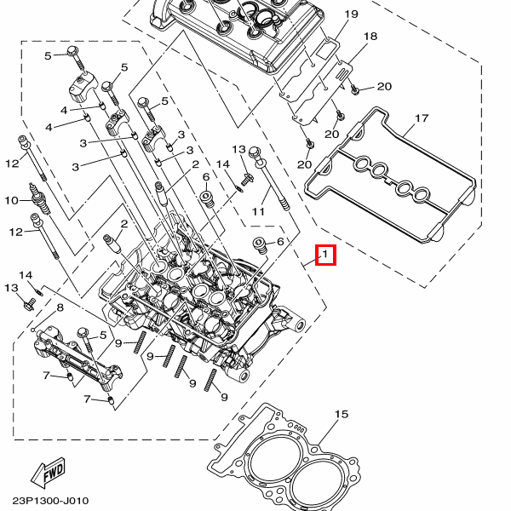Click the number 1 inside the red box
tap(325, 255)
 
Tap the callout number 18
tap(370, 37)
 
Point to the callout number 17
tap(421, 118)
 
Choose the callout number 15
tap(342, 415)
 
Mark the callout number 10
tap(11, 201)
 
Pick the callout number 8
tap(60, 307)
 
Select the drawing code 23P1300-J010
tap(50, 501)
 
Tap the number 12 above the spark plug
tap(12, 163)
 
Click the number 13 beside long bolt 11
tap(238, 149)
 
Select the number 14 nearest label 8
tap(26, 274)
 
